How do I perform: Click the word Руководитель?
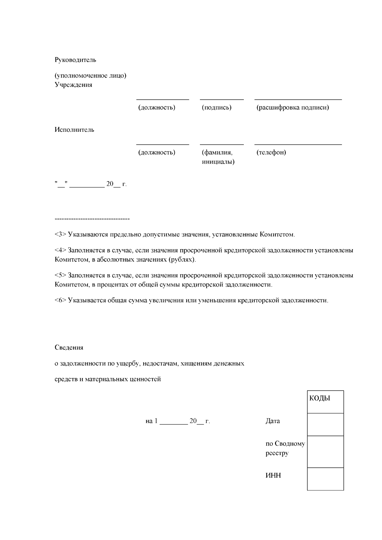[75, 60]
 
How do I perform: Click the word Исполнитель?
[74, 130]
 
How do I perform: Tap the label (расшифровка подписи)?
[293, 108]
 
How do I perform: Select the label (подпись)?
[216, 108]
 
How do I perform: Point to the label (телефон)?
[271, 152]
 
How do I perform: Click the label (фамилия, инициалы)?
[218, 157]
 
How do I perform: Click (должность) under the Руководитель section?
[157, 108]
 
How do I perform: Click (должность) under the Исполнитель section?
[157, 152]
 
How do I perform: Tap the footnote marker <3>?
[60, 235]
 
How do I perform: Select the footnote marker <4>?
[60, 250]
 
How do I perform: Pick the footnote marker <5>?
[60, 275]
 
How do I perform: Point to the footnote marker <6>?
[60, 300]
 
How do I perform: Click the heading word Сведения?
[69, 347]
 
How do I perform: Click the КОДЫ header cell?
[325, 402]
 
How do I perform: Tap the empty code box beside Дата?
[325, 424]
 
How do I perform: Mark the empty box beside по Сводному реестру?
[325, 452]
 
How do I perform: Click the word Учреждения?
[74, 85]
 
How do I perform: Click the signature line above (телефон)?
[298, 144]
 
